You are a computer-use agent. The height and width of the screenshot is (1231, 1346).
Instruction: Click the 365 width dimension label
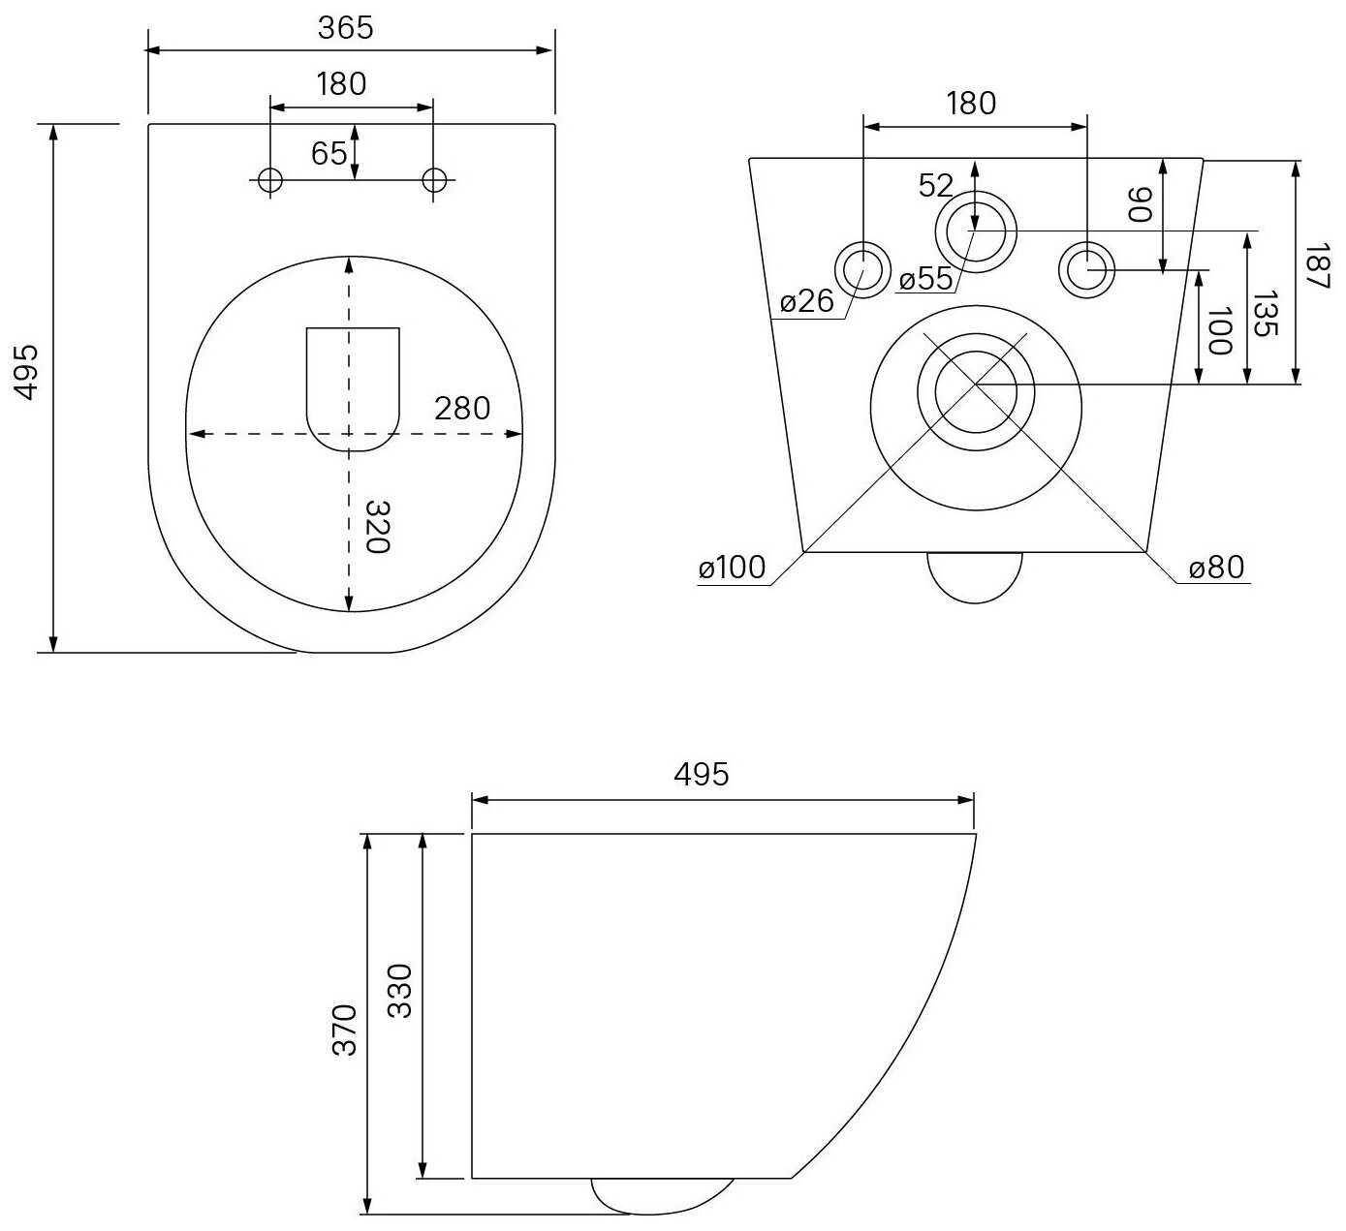point(345,28)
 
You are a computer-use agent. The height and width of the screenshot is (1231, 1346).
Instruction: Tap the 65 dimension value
point(329,153)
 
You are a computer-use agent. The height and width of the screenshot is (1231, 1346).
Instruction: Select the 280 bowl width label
point(462,409)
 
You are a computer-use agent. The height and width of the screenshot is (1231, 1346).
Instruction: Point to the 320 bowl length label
point(377,527)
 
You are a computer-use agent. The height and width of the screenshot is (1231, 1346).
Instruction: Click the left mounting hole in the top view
point(269,179)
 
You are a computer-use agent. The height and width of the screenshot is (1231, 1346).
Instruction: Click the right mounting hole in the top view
point(435,179)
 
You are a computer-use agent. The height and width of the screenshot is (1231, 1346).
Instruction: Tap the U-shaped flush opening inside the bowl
point(353,387)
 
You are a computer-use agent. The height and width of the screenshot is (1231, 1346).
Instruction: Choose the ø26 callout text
point(806,301)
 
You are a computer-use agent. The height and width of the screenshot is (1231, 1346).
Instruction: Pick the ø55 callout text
point(925,279)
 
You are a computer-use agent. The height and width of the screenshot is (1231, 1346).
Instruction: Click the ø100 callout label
point(733,568)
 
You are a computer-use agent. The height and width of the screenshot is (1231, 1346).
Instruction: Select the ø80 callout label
point(1216,568)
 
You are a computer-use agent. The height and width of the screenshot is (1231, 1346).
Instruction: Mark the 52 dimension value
point(936,185)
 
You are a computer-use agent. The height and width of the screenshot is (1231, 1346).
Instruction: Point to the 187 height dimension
point(1316,265)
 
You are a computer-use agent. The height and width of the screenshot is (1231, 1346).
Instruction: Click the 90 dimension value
point(1141,204)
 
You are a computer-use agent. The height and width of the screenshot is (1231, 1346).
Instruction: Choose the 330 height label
point(400,990)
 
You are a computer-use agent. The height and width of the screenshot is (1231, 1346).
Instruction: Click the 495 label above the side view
point(701,775)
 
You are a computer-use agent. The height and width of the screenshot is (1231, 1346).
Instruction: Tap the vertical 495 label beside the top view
point(25,370)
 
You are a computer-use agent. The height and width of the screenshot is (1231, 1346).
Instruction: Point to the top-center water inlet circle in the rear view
point(976,231)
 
